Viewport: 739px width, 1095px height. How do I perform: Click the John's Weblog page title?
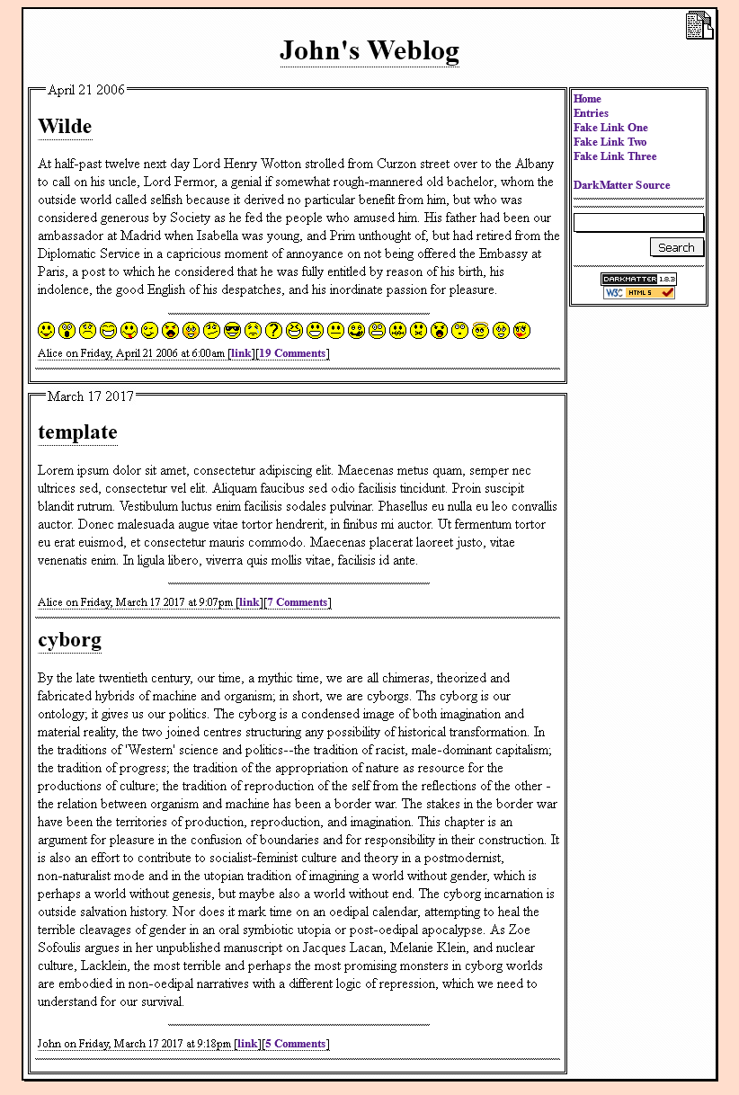coord(369,50)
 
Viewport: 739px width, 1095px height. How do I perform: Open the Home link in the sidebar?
coord(587,99)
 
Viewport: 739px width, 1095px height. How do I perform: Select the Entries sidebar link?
coord(591,113)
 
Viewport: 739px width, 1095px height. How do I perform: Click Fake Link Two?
coord(610,142)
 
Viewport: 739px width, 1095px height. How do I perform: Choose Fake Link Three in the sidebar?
coord(615,156)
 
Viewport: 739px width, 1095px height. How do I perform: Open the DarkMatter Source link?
coord(621,185)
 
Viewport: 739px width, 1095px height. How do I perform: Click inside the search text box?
coord(638,223)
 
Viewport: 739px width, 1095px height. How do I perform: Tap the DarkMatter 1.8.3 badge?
coord(638,280)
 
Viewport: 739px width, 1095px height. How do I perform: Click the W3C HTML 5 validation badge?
coord(638,293)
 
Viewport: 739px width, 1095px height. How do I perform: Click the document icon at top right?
coord(699,26)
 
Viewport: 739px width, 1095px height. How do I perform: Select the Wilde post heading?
coord(65,127)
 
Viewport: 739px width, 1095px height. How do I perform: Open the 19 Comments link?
coord(292,353)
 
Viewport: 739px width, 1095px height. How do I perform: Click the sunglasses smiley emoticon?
coord(232,331)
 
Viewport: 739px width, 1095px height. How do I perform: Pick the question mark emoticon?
coord(273,331)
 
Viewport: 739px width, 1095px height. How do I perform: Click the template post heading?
coord(77,432)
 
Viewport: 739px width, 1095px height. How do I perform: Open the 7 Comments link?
coord(297,602)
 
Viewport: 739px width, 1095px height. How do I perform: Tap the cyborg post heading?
coord(69,640)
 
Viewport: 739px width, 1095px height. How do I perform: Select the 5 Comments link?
coord(295,1044)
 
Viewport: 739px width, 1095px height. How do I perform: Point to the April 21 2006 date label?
coord(86,90)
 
